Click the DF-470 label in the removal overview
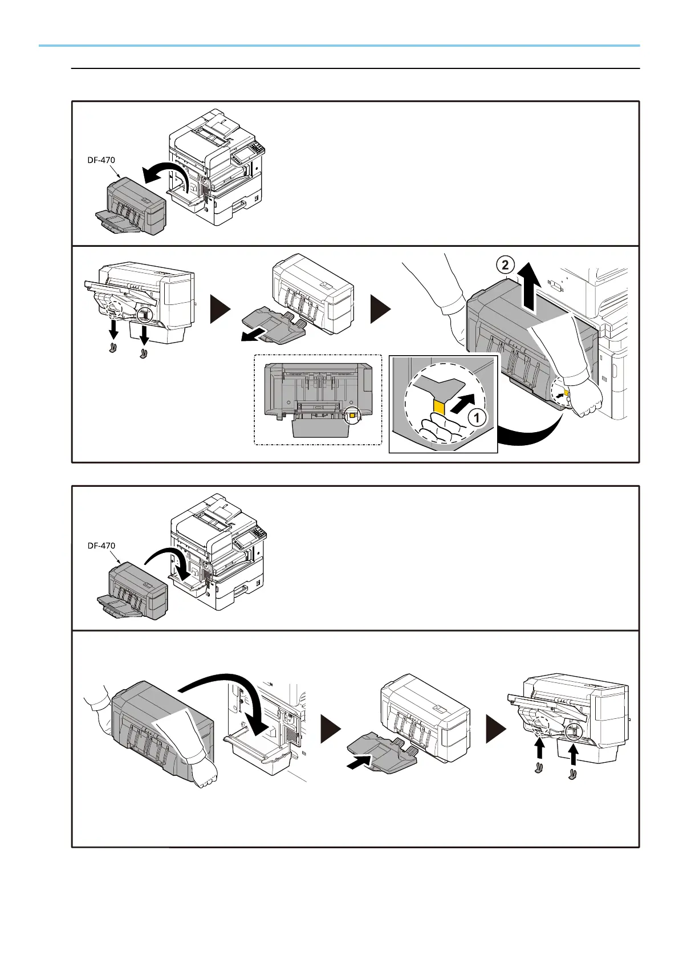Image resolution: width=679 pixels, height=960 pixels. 101,160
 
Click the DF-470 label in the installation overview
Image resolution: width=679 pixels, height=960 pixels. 101,546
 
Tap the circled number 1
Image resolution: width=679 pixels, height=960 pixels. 477,417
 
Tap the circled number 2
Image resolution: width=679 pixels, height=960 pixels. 505,265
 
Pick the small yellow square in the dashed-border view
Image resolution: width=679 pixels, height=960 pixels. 352,415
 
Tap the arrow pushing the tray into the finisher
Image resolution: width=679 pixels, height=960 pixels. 360,762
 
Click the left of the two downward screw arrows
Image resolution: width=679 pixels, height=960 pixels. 113,330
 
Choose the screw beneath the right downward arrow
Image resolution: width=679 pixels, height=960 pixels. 144,353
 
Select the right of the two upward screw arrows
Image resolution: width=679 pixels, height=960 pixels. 573,756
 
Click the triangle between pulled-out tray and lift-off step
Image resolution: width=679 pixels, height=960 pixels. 381,308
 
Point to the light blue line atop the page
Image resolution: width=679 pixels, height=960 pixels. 339,46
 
